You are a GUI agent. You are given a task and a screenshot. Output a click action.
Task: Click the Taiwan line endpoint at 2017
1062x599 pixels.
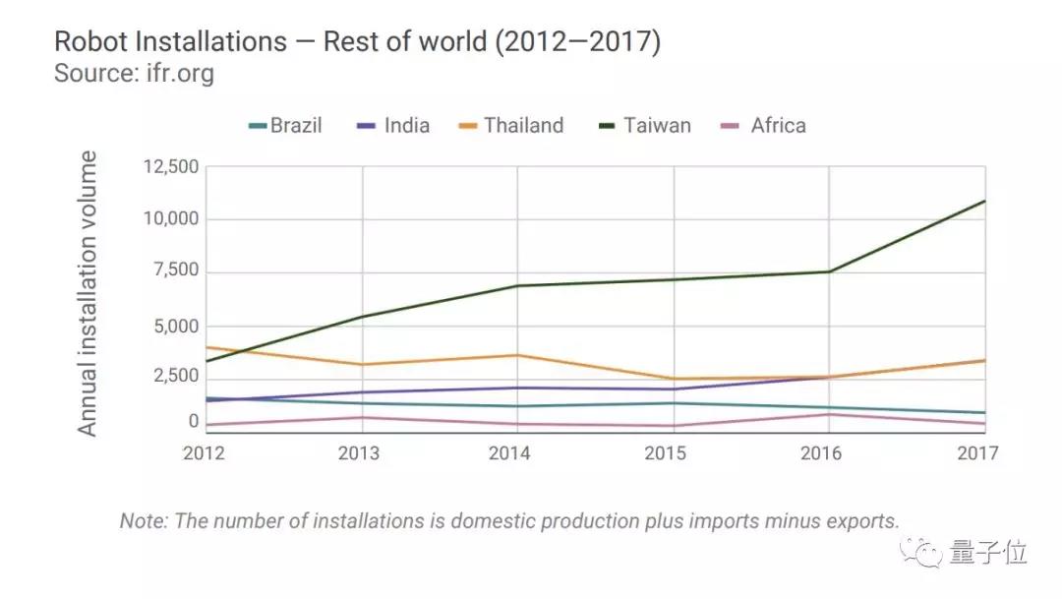984,202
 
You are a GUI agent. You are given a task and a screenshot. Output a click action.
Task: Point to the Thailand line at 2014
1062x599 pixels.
518,355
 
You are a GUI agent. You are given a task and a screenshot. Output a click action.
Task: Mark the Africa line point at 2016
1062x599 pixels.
829,414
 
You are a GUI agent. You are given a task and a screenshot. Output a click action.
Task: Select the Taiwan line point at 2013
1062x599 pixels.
363,317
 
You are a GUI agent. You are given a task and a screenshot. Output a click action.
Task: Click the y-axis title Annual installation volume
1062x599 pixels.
88,293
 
